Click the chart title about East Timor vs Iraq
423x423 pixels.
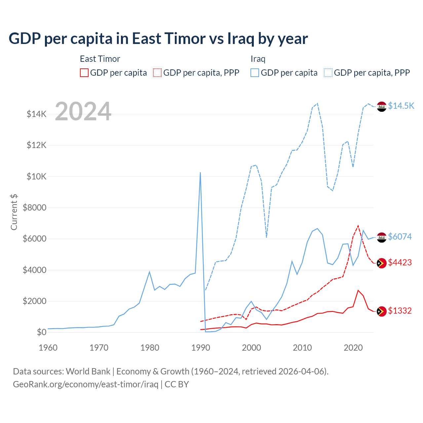coord(158,39)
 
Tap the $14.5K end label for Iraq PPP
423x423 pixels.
coord(401,106)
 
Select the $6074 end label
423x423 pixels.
coord(400,237)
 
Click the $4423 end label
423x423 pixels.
coord(400,262)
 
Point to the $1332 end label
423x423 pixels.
coord(400,311)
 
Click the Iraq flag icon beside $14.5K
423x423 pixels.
coord(382,106)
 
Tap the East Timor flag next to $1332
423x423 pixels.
coord(382,311)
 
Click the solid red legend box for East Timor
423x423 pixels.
coord(84,73)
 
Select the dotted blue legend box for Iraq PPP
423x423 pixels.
coord(328,73)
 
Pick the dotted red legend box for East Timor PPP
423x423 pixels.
coord(157,73)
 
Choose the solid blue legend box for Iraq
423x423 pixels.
coord(255,73)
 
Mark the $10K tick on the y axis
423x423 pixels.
coord(36,176)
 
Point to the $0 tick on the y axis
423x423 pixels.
coord(41,332)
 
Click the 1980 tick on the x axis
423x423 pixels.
coord(150,348)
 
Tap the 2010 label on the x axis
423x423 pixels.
coord(302,348)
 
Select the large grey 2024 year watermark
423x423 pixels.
coord(83,112)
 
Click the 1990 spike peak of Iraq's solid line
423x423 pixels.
coord(200,173)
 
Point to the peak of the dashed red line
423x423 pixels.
coord(358,226)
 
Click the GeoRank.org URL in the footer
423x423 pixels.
coord(86,384)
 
